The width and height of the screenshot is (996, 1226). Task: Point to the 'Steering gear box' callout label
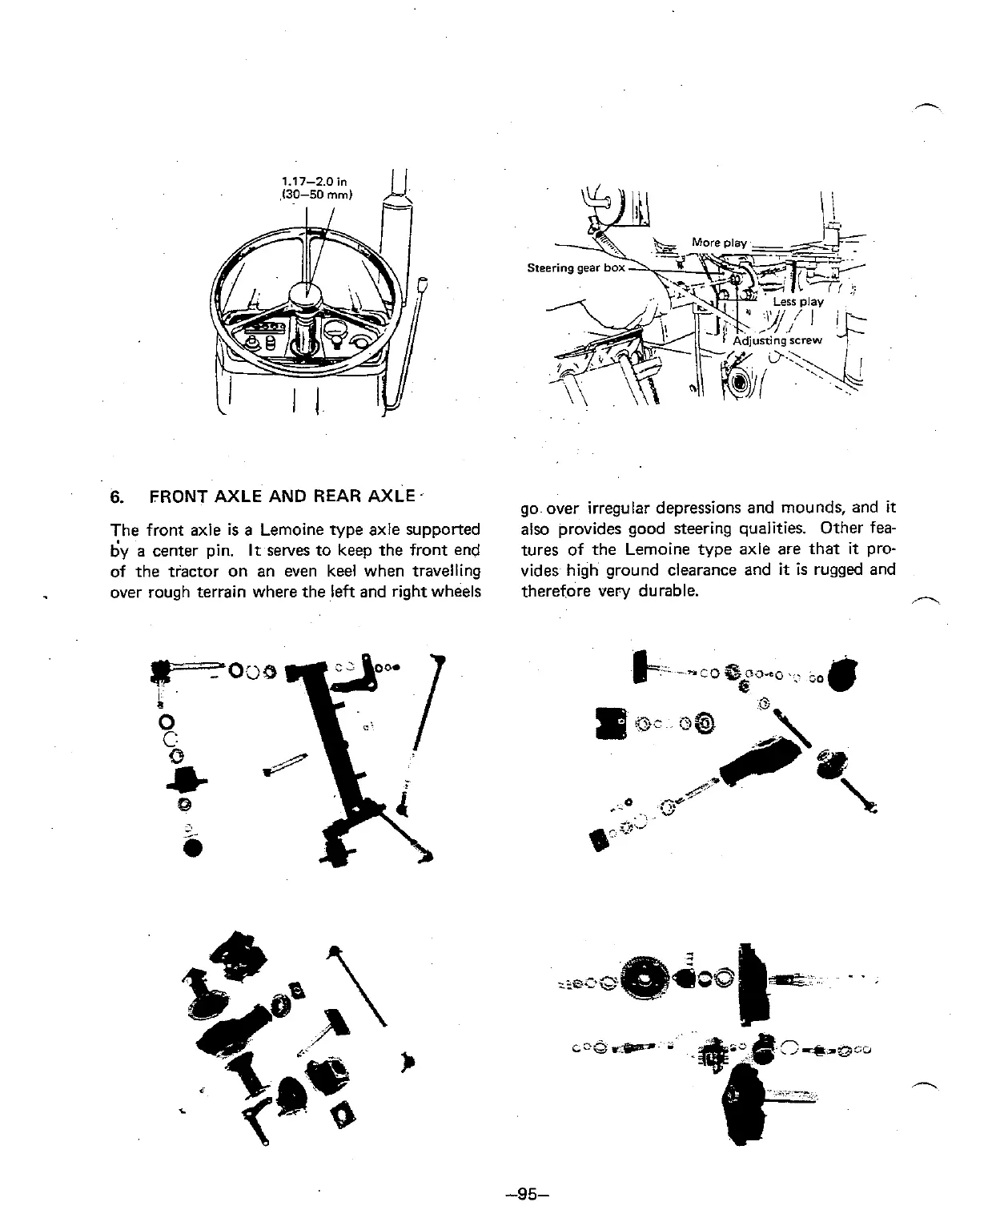576,267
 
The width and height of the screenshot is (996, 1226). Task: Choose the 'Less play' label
797,302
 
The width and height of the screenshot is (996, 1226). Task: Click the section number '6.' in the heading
117,496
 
